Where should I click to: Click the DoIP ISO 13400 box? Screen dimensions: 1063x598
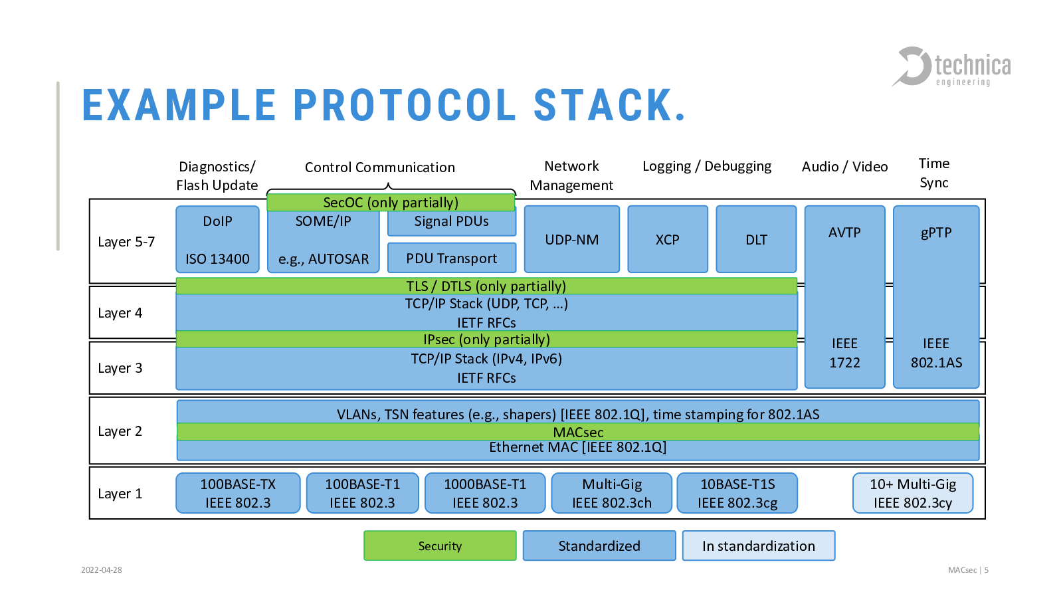(x=217, y=239)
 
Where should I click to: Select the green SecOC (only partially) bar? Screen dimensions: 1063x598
(x=391, y=202)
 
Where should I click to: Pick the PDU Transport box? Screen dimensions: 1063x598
(x=452, y=258)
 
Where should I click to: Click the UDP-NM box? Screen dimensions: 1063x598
(x=572, y=239)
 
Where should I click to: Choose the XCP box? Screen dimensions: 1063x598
(x=668, y=239)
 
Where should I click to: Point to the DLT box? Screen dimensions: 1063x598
(x=756, y=239)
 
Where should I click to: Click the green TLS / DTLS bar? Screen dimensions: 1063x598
(x=486, y=286)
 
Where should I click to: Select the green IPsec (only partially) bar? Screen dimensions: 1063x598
(x=486, y=339)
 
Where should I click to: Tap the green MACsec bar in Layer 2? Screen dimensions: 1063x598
(x=578, y=432)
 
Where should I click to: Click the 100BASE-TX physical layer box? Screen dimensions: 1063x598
(x=238, y=493)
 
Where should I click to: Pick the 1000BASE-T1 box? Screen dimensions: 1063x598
(x=485, y=493)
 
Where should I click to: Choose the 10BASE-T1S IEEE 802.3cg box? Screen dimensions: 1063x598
(x=737, y=493)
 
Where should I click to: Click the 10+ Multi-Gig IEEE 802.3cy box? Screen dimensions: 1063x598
(x=913, y=493)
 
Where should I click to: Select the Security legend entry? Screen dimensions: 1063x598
(x=440, y=546)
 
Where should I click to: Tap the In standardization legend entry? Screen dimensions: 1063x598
(x=758, y=546)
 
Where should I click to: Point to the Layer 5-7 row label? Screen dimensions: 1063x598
(x=126, y=242)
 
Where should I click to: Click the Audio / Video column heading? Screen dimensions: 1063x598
(x=844, y=167)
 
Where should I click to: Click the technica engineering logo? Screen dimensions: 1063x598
(x=951, y=67)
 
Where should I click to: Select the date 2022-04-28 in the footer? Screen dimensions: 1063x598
(x=102, y=570)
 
